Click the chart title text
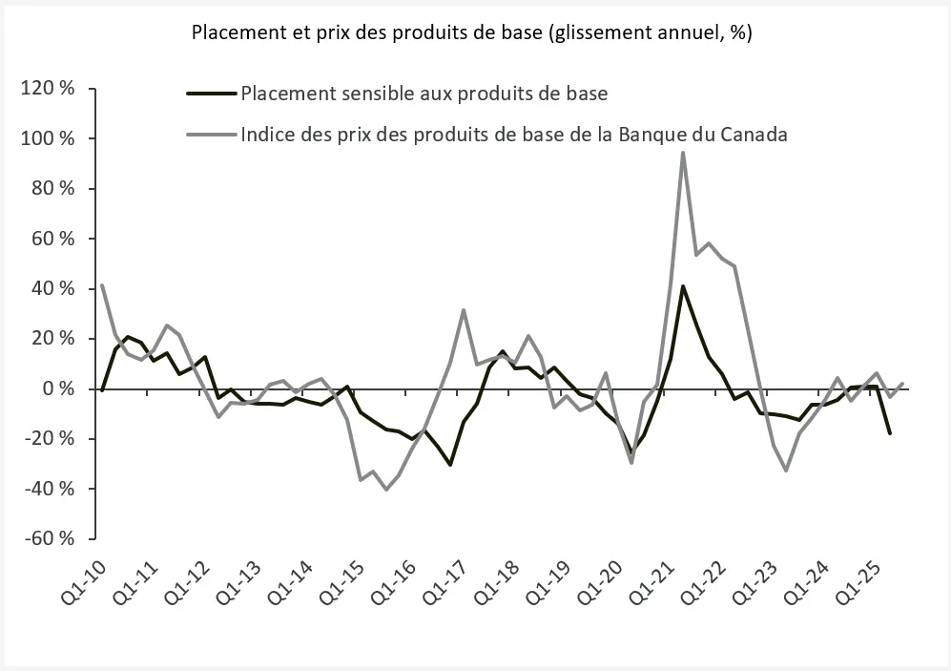(472, 32)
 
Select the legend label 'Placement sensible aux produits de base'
(424, 94)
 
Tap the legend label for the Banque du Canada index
(514, 134)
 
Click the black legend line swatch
(212, 94)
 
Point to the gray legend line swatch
(212, 134)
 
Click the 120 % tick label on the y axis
(47, 89)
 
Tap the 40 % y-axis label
(52, 288)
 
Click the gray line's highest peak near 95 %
(683, 153)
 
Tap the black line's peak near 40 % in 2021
(683, 286)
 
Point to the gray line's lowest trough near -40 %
(386, 490)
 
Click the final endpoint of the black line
(890, 433)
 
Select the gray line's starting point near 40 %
(102, 284)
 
